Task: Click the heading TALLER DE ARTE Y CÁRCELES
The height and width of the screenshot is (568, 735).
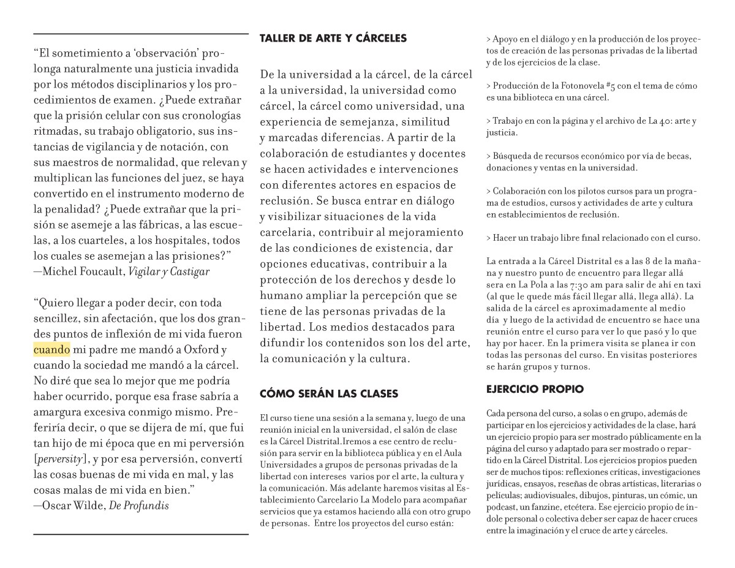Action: click(333, 39)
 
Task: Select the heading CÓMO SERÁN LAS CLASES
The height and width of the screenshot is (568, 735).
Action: click(329, 393)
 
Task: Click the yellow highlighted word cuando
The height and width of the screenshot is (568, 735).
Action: click(51, 350)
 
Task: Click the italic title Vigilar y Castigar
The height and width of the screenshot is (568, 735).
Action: click(168, 271)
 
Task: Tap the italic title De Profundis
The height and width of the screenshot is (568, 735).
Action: click(138, 506)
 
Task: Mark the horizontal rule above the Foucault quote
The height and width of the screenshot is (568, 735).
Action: click(141, 34)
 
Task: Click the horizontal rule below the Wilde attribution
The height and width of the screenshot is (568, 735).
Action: click(141, 534)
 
